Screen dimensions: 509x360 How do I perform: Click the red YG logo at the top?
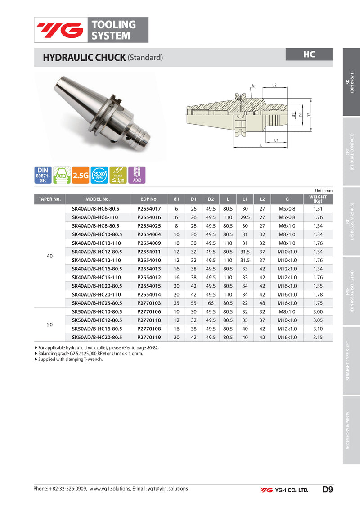60,30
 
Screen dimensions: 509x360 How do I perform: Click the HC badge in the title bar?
309,54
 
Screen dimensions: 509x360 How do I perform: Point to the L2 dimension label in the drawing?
274,85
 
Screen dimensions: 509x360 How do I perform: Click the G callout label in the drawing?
253,86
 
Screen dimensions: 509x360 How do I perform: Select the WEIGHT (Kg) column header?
318,199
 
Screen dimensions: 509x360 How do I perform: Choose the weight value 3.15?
318,337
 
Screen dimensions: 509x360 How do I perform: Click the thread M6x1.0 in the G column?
287,226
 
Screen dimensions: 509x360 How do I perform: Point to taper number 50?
50,324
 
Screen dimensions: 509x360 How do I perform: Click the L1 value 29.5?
245,217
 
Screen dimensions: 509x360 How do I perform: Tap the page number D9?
327,490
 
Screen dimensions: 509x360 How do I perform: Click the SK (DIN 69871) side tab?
351,82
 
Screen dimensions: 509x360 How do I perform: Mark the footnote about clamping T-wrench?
70,360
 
